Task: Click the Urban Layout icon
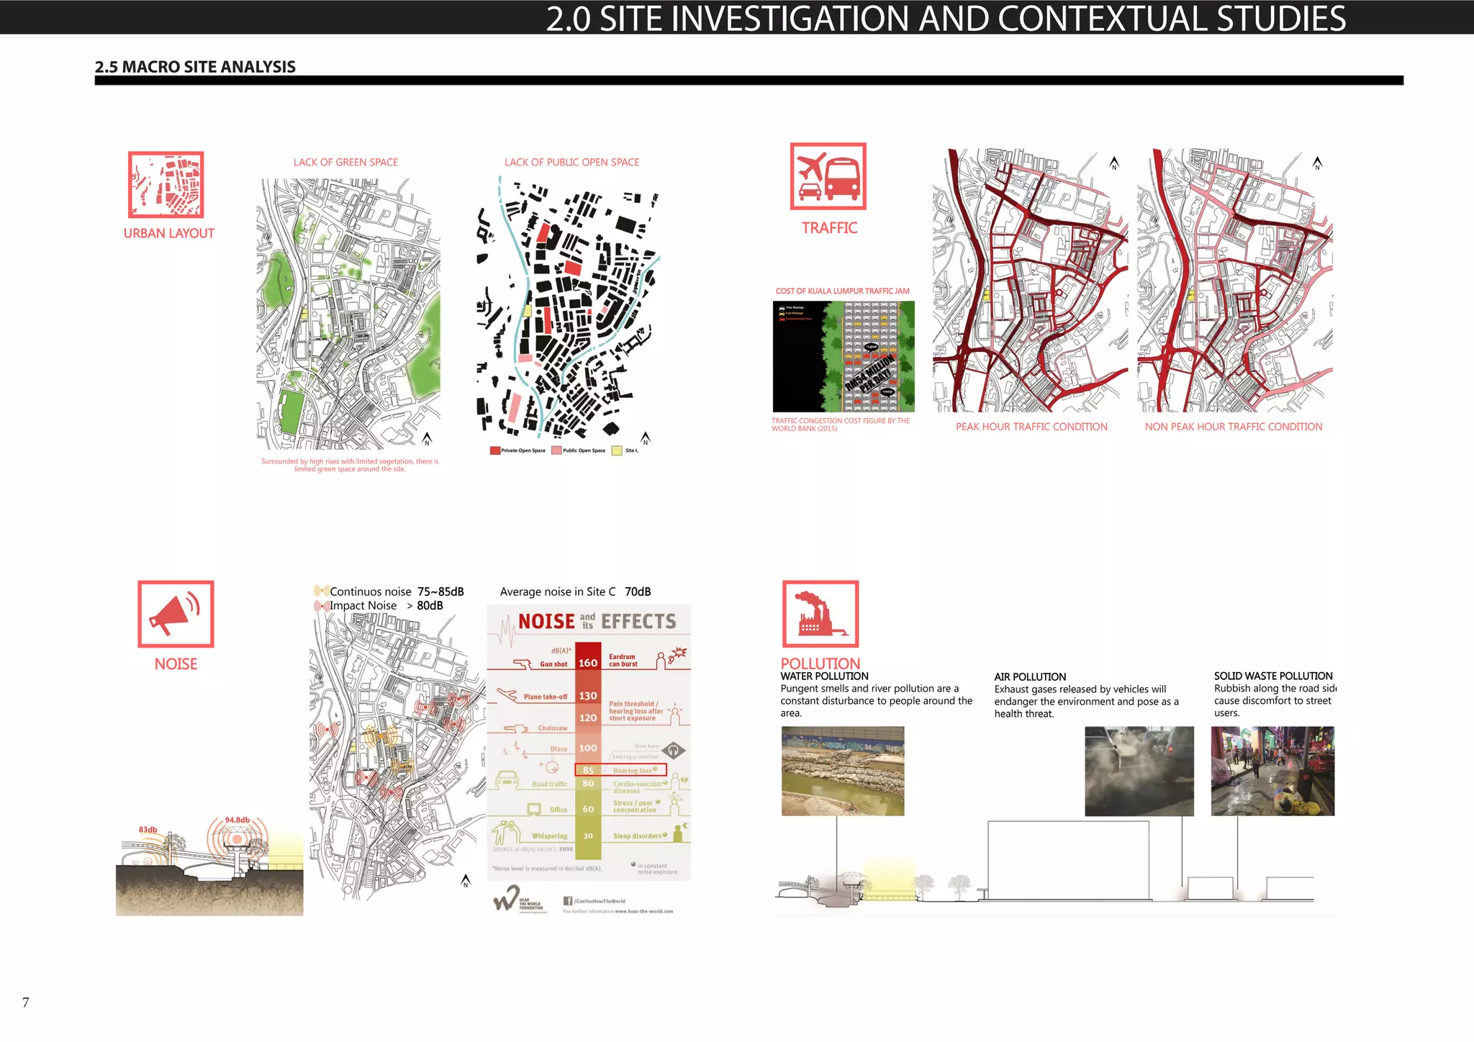[166, 184]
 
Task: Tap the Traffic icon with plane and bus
[828, 176]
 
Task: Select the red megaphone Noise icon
[176, 614]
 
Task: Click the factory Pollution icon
[820, 614]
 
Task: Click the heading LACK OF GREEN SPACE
[345, 163]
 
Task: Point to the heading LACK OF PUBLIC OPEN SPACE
[571, 163]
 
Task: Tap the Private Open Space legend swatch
[495, 450]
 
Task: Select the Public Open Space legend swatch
[556, 450]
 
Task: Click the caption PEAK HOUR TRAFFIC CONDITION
[1031, 427]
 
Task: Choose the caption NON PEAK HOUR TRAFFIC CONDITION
[1233, 427]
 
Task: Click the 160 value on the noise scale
[588, 663]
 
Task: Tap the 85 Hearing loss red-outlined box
[620, 770]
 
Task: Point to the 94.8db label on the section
[237, 820]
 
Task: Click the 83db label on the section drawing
[148, 830]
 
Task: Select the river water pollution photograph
[842, 771]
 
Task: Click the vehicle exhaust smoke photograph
[1139, 771]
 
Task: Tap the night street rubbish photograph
[1272, 771]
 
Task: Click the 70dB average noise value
[637, 592]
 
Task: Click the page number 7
[26, 1002]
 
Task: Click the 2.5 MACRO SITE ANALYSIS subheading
[195, 67]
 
